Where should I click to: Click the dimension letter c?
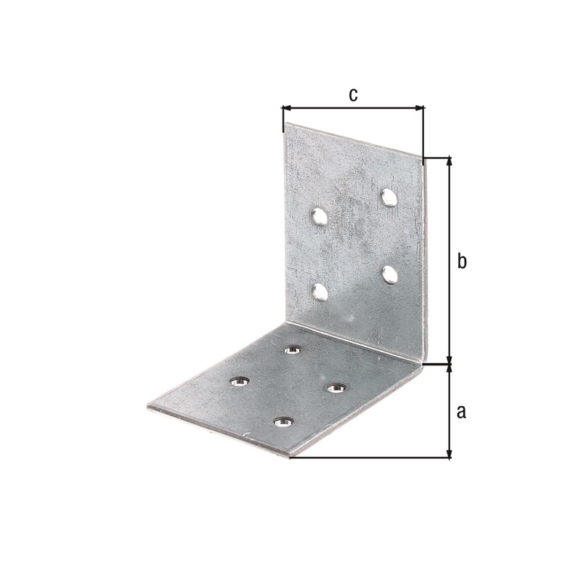point(353,95)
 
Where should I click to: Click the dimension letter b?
point(462,261)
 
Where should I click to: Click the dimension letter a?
point(461,412)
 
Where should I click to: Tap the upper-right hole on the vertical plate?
point(389,198)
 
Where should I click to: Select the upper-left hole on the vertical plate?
point(319,216)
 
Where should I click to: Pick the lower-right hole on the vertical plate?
point(390,275)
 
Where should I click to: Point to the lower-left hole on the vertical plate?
point(320,292)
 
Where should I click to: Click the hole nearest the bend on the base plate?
point(293,350)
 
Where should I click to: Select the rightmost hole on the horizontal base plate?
point(336,388)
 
